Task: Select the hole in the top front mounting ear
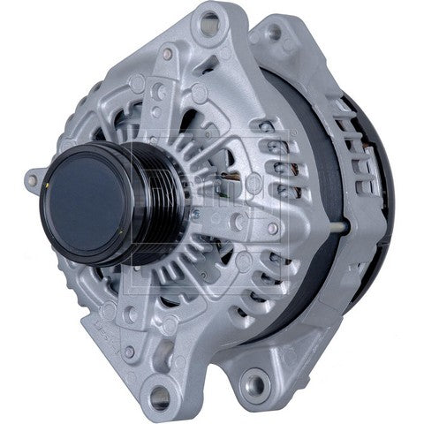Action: click(x=210, y=25)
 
